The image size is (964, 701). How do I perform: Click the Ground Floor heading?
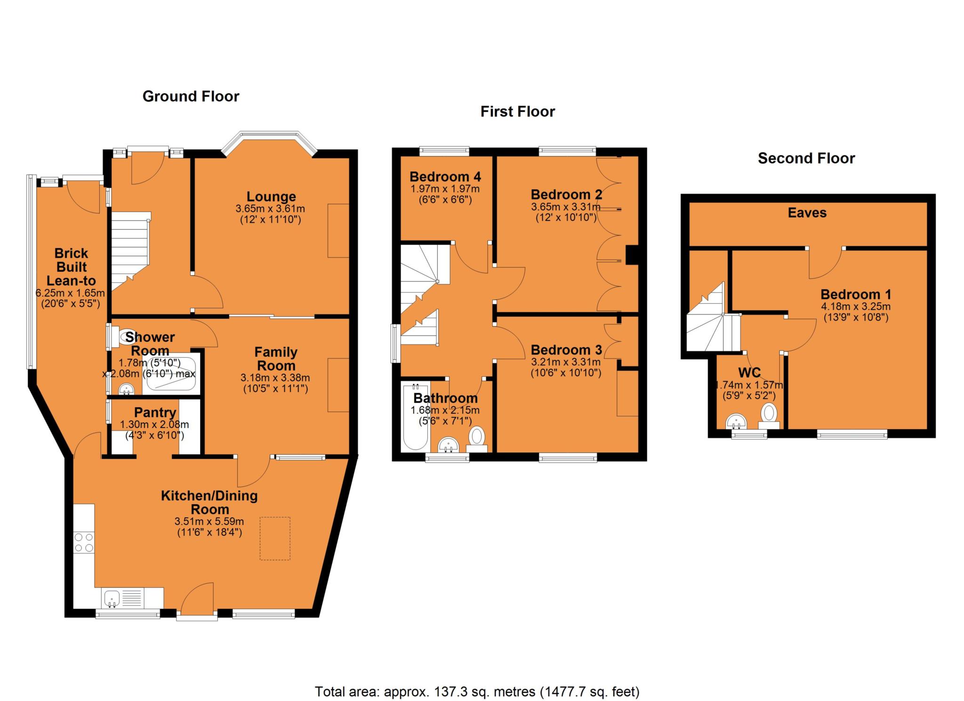click(191, 97)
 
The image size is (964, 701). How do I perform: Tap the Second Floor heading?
click(806, 158)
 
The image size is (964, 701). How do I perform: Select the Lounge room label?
click(271, 197)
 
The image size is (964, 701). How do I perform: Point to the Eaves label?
click(807, 213)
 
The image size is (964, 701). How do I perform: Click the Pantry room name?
click(155, 412)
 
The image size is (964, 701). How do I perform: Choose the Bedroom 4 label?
click(445, 177)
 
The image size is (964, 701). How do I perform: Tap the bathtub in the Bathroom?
click(415, 417)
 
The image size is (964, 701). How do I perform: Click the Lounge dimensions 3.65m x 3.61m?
click(270, 209)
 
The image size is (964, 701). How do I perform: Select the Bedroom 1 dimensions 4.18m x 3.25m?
click(856, 306)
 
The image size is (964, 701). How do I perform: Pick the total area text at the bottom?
click(477, 692)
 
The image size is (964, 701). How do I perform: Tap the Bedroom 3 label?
click(566, 350)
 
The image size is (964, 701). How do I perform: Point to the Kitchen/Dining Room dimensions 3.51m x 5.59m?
click(209, 522)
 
